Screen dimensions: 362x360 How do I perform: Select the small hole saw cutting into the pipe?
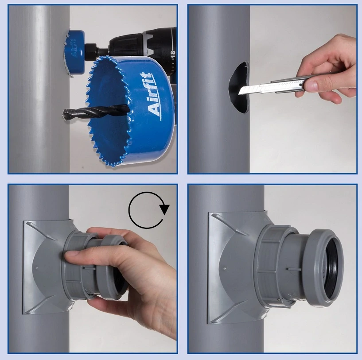pyautogui.click(x=74, y=53)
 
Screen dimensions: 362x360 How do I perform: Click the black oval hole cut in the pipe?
pyautogui.click(x=239, y=88)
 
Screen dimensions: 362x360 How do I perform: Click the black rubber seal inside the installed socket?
pyautogui.click(x=332, y=268)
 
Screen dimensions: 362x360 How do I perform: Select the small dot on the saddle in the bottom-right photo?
pyautogui.click(x=225, y=268)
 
